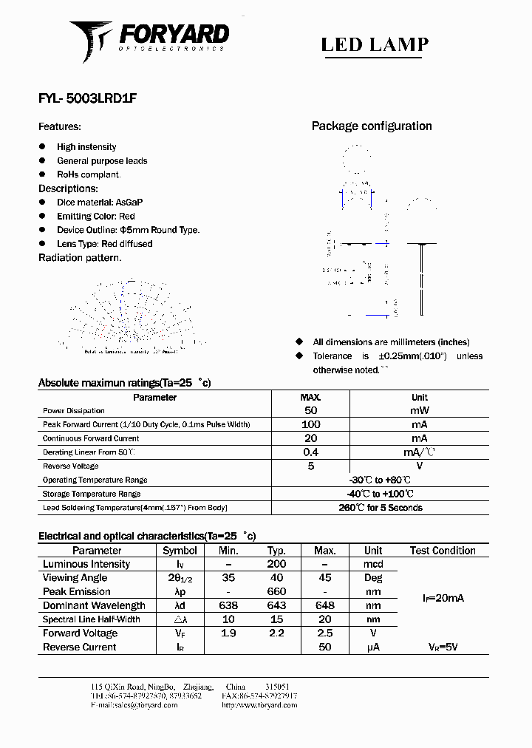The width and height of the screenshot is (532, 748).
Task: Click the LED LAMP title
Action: click(375, 44)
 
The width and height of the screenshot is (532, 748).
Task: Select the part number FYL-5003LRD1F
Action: click(86, 97)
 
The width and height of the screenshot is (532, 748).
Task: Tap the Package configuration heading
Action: click(372, 126)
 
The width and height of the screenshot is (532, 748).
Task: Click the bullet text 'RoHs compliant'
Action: click(89, 174)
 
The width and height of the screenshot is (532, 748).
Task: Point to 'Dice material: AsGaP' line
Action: click(100, 202)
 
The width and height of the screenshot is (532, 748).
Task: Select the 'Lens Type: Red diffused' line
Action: click(104, 243)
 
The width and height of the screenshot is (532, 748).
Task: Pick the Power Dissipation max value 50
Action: click(310, 410)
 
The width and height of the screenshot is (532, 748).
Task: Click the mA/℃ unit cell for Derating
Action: click(419, 452)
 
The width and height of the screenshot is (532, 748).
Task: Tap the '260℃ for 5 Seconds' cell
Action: click(381, 508)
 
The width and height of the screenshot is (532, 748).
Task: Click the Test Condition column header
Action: click(443, 551)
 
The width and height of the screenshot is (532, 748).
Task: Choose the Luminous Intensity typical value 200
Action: click(277, 564)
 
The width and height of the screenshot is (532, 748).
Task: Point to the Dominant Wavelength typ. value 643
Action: click(277, 605)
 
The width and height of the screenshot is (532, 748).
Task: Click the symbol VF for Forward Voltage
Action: click(180, 633)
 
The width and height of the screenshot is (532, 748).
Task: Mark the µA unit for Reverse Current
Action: click(373, 647)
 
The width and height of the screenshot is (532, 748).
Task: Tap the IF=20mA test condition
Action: click(443, 598)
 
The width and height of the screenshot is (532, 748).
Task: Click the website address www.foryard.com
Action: click(259, 705)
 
